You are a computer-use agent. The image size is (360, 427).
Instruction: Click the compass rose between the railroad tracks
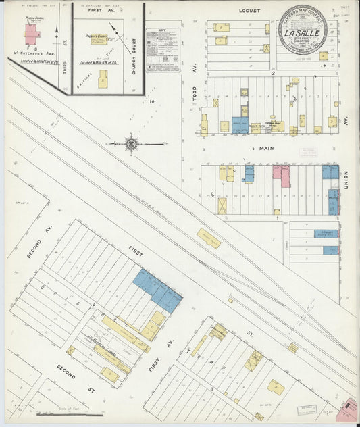click(131, 144)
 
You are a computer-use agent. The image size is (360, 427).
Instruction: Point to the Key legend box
click(162, 50)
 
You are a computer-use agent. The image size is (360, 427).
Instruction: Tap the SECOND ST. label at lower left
click(66, 372)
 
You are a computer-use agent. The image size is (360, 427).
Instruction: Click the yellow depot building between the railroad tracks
click(209, 238)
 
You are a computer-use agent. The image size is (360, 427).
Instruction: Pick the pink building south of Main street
click(281, 175)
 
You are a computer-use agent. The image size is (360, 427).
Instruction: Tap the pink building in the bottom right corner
click(350, 409)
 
